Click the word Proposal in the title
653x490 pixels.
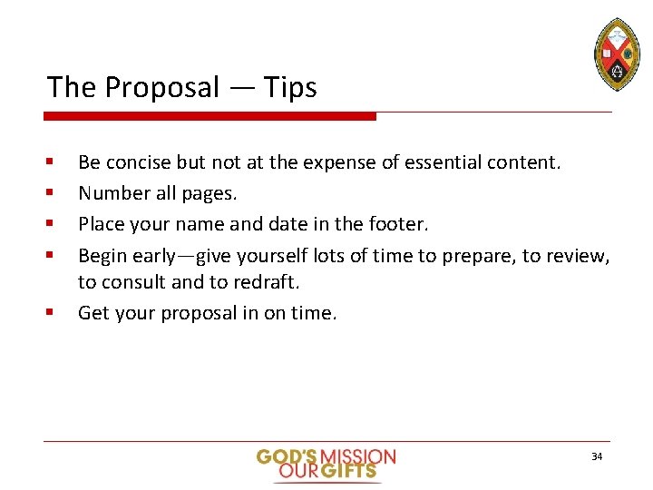(x=162, y=88)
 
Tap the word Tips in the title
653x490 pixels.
(x=290, y=88)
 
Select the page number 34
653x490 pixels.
(x=596, y=456)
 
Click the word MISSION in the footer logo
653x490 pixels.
(x=359, y=456)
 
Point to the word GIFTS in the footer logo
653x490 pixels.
(x=356, y=471)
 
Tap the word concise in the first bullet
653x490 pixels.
(x=139, y=162)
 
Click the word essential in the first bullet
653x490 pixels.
(x=443, y=162)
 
